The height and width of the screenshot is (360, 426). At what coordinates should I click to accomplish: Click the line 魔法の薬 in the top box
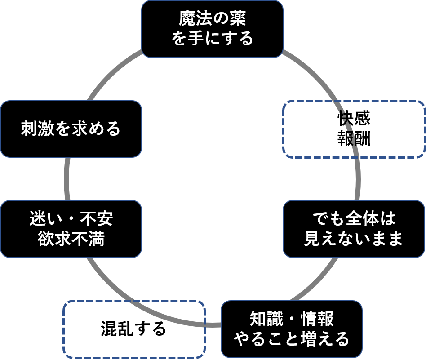(x=213, y=19)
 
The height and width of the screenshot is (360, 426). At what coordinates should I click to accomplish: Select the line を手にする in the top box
(x=213, y=39)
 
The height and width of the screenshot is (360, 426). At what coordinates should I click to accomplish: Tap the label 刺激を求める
(x=71, y=129)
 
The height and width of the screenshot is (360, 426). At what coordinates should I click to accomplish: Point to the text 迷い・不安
(x=71, y=219)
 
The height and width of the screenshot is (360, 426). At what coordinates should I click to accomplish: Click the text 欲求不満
(x=71, y=239)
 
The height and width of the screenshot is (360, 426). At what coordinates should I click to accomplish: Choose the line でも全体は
(x=354, y=219)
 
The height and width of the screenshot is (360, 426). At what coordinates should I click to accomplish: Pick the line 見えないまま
(x=354, y=239)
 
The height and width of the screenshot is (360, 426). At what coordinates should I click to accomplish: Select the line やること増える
(x=291, y=338)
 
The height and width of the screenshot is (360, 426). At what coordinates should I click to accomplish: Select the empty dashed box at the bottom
(x=134, y=329)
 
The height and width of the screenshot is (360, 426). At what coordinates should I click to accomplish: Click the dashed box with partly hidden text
(x=354, y=129)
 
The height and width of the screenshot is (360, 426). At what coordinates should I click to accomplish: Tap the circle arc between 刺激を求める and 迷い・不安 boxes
(x=67, y=179)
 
